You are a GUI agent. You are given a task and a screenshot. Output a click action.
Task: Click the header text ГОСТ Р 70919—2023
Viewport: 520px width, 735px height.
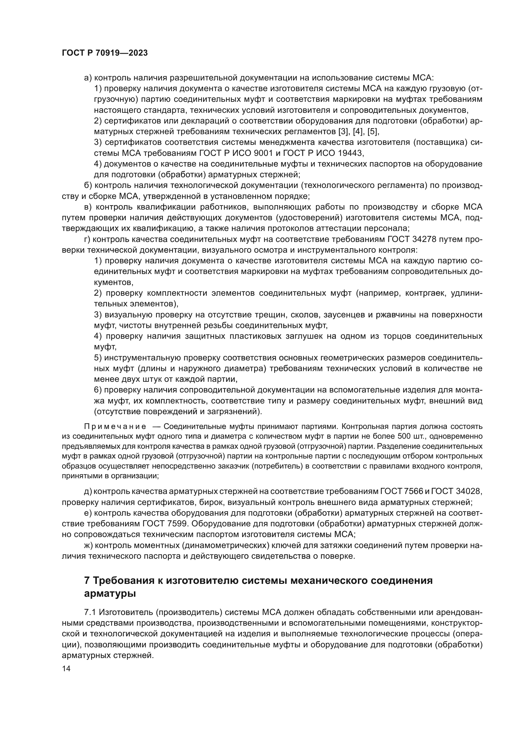pyautogui.click(x=105, y=53)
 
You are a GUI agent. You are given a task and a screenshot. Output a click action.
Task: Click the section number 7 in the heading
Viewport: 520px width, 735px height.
pyautogui.click(x=86, y=581)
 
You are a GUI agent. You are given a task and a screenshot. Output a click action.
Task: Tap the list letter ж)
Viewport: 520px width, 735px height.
pyautogui.click(x=88, y=545)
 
